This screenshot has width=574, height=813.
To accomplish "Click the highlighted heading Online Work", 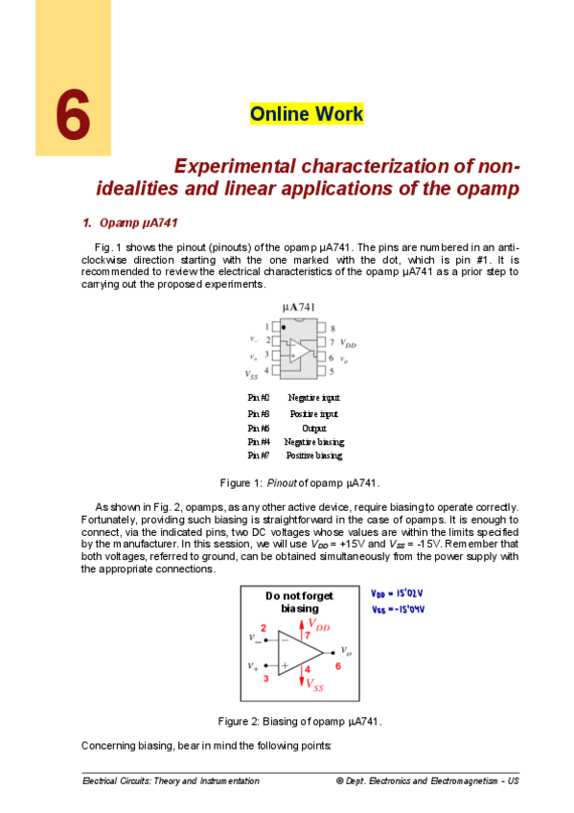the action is tap(307, 114).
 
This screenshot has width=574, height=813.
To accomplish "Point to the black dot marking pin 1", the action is tap(283, 327).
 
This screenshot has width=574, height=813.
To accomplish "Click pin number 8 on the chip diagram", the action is tap(333, 328).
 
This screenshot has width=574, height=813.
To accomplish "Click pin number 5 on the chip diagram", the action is tap(332, 369).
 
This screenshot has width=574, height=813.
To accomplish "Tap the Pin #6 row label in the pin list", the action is tap(258, 428).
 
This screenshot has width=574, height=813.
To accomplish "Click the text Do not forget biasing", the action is tap(299, 601).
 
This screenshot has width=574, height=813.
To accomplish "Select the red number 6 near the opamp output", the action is tap(336, 664).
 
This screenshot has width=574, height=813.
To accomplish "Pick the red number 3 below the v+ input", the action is tap(265, 678).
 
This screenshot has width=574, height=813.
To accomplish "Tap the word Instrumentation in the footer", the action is tap(227, 781).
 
